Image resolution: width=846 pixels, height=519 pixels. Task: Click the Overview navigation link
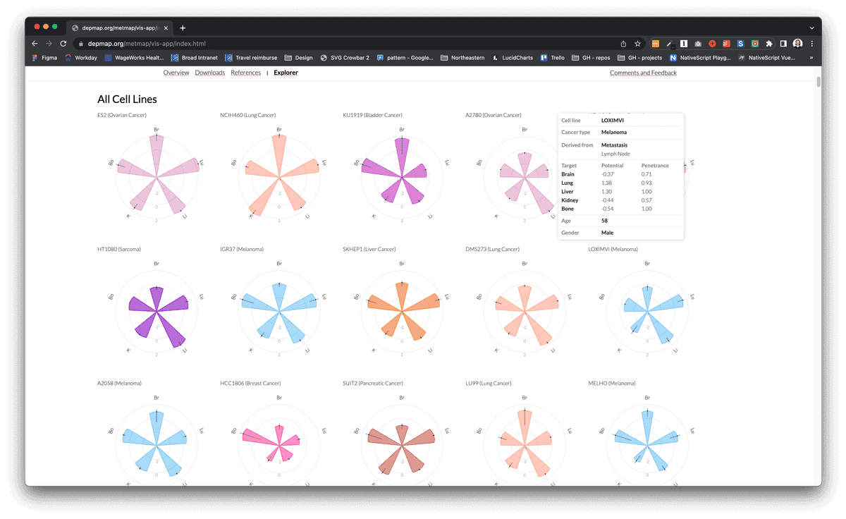(x=176, y=73)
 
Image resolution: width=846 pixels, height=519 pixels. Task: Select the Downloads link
(x=209, y=73)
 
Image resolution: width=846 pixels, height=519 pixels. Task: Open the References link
(x=245, y=73)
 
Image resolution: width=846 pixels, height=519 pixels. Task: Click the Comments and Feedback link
(x=642, y=73)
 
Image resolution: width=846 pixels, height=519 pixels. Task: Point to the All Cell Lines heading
(x=127, y=99)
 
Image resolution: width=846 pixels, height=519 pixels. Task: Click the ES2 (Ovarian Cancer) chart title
(x=122, y=115)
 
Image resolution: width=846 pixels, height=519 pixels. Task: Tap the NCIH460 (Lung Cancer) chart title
(x=247, y=115)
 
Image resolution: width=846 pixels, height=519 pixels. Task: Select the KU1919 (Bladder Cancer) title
(x=372, y=115)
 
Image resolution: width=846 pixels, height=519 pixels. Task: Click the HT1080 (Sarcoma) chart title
(x=118, y=249)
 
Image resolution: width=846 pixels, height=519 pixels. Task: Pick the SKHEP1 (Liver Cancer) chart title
(x=369, y=249)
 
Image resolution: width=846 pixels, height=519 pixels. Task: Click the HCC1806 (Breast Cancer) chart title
(x=250, y=383)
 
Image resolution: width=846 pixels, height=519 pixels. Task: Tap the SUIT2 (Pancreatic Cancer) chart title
(x=373, y=383)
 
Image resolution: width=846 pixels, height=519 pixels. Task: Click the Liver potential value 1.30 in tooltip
(x=607, y=191)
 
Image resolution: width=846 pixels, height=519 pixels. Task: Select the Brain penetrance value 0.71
(x=646, y=173)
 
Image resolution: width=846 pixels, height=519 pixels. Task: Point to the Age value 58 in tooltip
(x=605, y=221)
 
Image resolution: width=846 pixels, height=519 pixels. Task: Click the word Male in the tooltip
(x=608, y=232)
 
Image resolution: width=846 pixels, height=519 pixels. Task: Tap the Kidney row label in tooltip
(x=569, y=200)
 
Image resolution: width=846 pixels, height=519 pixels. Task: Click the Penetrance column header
(x=655, y=166)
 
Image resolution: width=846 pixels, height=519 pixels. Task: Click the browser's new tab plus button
(x=183, y=28)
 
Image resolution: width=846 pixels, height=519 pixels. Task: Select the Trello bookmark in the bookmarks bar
(x=553, y=58)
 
